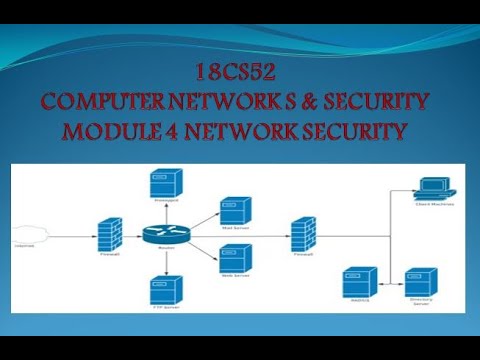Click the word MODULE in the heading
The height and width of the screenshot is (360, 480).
click(x=109, y=130)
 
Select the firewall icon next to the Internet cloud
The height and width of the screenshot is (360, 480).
click(x=110, y=232)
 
